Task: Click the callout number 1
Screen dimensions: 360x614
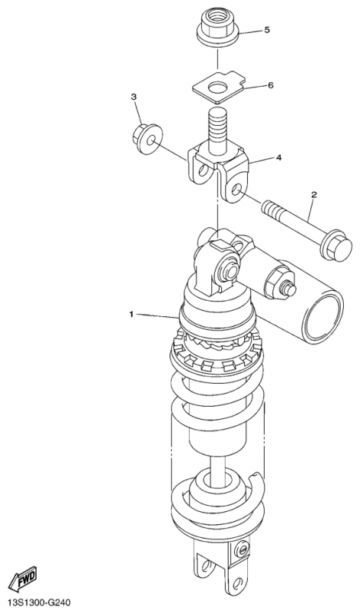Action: pyautogui.click(x=132, y=314)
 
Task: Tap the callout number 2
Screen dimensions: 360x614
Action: pyautogui.click(x=314, y=194)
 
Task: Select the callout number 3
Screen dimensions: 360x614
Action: pyautogui.click(x=134, y=97)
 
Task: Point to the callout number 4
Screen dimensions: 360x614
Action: pyautogui.click(x=279, y=158)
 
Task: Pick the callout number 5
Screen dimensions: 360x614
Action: pyautogui.click(x=267, y=30)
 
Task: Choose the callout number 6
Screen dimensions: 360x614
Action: pyautogui.click(x=270, y=85)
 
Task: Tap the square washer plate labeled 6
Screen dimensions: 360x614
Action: pyautogui.click(x=219, y=87)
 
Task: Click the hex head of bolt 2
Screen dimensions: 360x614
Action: pyautogui.click(x=335, y=248)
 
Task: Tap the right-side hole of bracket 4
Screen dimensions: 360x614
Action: pyautogui.click(x=236, y=191)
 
